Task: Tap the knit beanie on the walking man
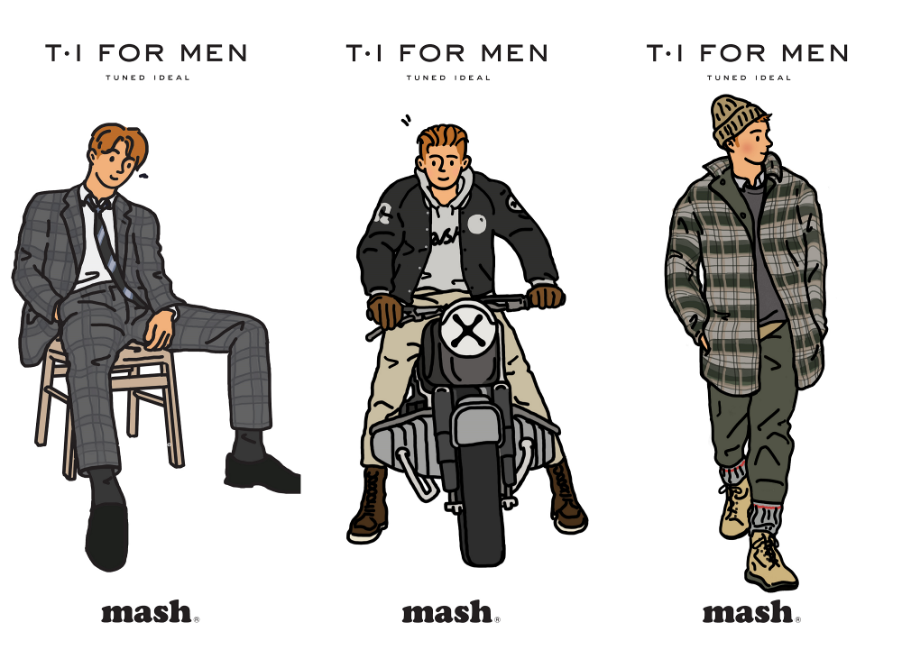736,120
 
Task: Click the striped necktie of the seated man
107,242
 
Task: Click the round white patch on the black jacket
477,224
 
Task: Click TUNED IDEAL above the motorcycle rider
448,78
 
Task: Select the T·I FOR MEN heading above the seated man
147,53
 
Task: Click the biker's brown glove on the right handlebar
545,297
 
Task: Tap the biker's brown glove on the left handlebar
385,310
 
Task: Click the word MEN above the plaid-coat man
815,53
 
